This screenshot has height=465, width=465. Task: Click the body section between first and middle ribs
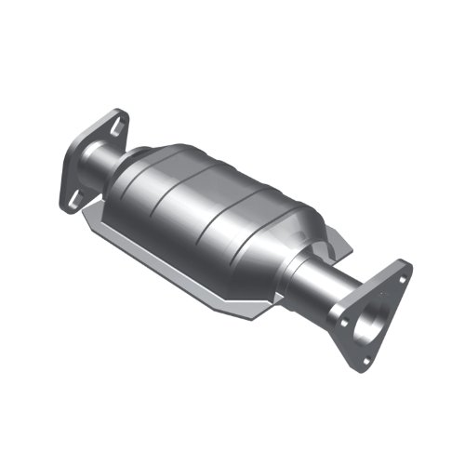click(195, 191)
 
